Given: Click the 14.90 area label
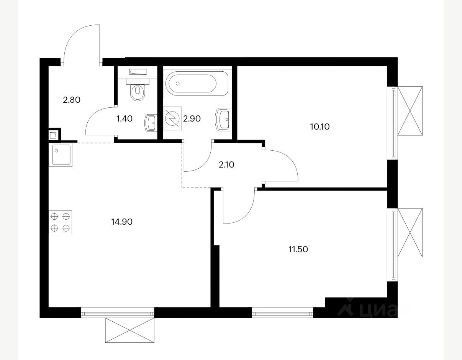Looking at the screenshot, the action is click(122, 222).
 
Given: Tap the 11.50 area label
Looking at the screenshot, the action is click(298, 249).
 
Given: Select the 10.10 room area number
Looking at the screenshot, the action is click(320, 127).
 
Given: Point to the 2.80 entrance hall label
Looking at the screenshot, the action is click(72, 100).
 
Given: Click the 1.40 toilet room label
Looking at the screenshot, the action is click(125, 118).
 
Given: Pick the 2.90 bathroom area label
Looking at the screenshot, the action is click(192, 118).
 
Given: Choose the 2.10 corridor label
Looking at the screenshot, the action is click(226, 164).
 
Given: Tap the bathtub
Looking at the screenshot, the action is click(197, 84).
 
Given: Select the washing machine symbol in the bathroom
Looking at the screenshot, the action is click(173, 118).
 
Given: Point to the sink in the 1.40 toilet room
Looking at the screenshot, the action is click(151, 122).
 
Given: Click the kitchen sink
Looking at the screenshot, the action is click(61, 155).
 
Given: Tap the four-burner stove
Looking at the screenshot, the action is click(61, 222).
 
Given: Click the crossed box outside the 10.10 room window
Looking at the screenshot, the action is click(410, 111).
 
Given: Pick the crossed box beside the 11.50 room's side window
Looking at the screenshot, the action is click(410, 233).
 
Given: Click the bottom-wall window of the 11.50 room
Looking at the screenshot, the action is click(283, 312).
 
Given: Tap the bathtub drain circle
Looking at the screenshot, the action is click(177, 84).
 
